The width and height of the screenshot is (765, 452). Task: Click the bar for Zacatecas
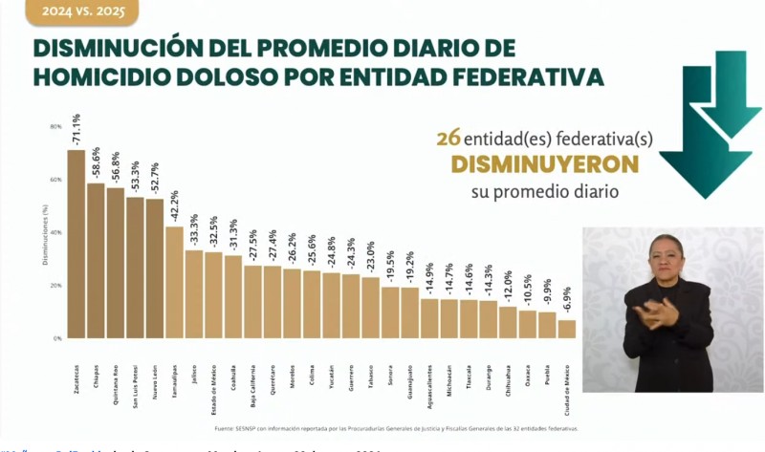point(76,244)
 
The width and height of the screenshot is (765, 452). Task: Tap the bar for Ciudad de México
point(567,329)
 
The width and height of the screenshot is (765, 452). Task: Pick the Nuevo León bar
point(154,269)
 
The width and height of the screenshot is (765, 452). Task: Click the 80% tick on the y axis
point(56,126)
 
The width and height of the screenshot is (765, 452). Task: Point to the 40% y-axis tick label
point(56,232)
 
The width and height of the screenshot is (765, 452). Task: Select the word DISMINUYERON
point(545,164)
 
